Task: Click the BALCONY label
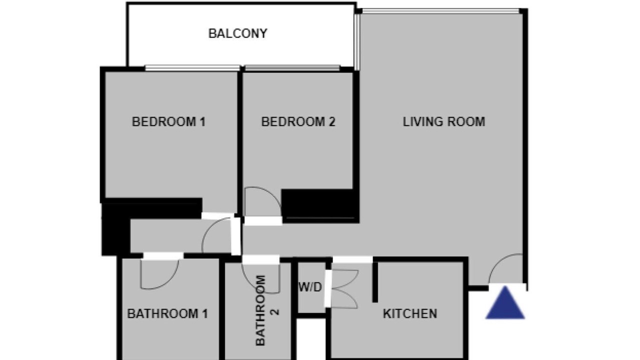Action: pos(237,33)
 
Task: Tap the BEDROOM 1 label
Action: pos(168,121)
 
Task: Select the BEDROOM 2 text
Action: pos(298,121)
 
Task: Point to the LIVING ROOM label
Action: pos(443,121)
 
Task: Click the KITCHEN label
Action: pos(409,313)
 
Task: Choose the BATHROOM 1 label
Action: pos(167,313)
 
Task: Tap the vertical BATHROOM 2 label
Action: pos(266,310)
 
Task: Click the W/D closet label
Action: pos(310,287)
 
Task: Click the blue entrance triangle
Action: pos(505,303)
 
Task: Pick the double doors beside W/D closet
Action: pos(344,288)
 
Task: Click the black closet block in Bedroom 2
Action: pos(320,205)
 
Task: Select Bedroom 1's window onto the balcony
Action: pos(192,68)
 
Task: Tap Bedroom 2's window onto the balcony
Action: pos(292,68)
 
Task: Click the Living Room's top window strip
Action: pos(440,11)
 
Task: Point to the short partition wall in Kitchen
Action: pos(375,281)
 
